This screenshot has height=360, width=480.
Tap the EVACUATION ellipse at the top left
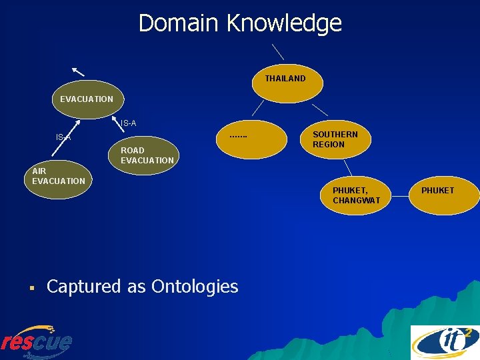coord(87,99)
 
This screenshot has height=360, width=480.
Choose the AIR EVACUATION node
coord(59,177)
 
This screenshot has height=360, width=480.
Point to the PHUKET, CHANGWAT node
coord(357,195)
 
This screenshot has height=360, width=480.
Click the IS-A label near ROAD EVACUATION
coord(128,123)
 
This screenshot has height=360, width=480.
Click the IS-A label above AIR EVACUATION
coord(63,137)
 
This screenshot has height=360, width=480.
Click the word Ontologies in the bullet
coord(195,287)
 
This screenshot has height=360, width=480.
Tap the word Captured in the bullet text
coord(84,287)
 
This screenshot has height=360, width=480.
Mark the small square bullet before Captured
coord(31,289)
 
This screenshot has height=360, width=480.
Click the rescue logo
coord(37,341)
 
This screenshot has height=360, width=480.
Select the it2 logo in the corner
coord(444,341)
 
